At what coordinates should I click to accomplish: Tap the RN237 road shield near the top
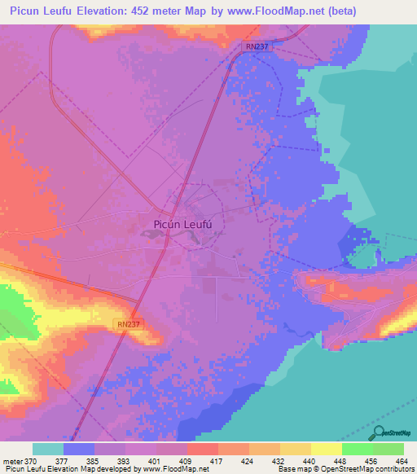[x=257, y=47]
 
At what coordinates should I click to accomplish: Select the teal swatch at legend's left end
[x=48, y=449]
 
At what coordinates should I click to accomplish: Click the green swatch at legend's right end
[x=388, y=449]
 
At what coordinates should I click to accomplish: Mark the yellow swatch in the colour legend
[x=326, y=449]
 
